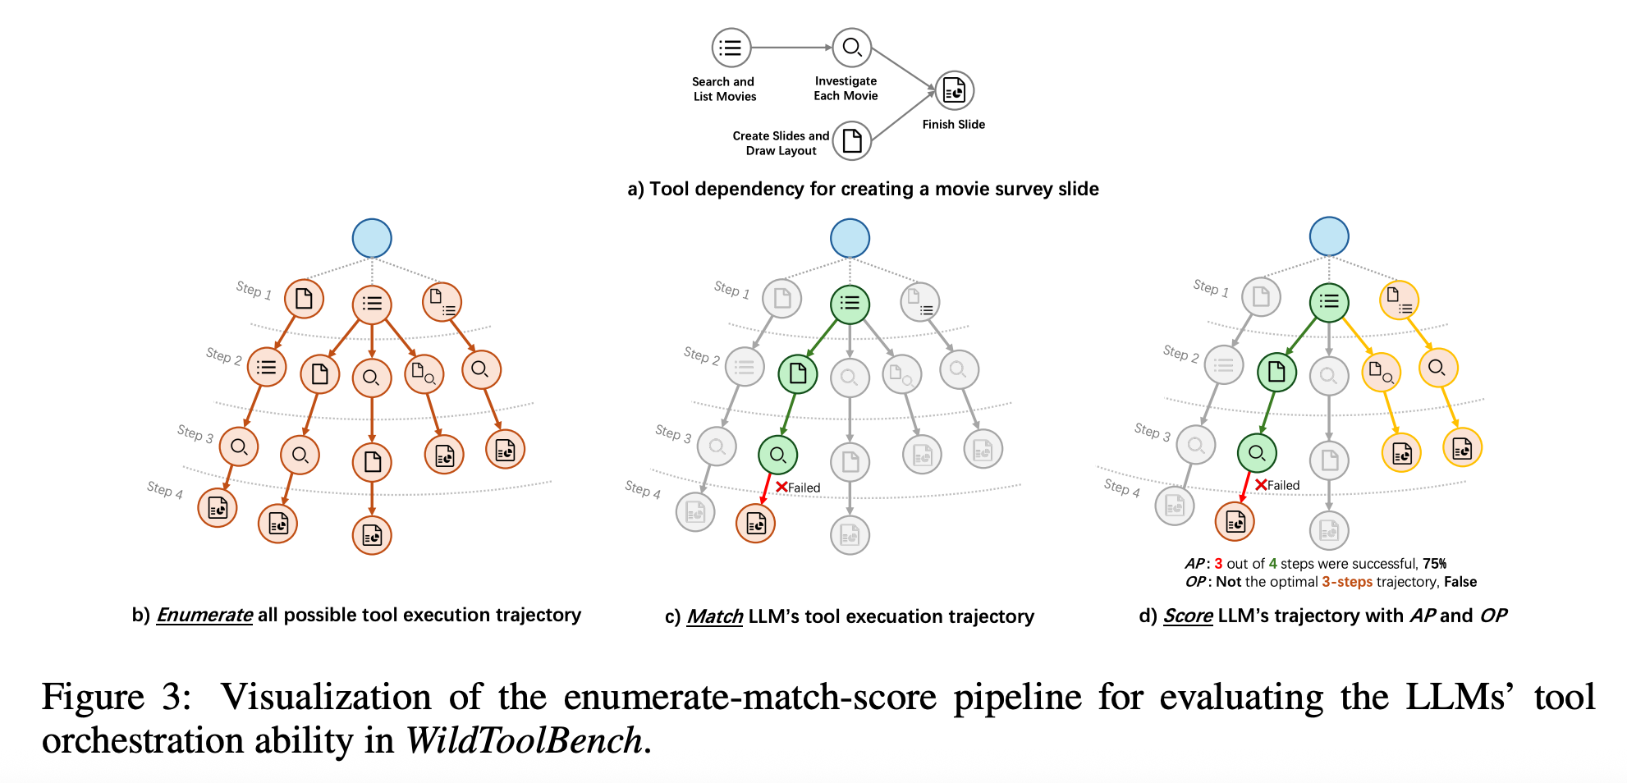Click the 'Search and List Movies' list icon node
pos(731,48)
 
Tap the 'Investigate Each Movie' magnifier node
pos(851,48)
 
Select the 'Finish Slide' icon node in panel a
pos(954,90)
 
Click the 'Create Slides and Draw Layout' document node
pos(852,141)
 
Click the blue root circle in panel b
pos(372,239)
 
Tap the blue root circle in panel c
pos(850,239)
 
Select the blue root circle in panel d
pos(1329,236)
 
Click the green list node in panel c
pos(850,304)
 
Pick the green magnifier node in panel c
pos(777,455)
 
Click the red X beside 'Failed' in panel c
pos(781,487)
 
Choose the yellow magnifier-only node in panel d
pos(1437,368)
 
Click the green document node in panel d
pos(1276,373)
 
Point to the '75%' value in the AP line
pos(1435,564)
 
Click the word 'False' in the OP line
pos(1460,582)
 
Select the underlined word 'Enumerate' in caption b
pos(204,616)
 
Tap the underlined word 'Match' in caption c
pos(715,616)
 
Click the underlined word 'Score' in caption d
pos(1188,616)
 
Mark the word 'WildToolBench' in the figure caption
pos(524,740)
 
